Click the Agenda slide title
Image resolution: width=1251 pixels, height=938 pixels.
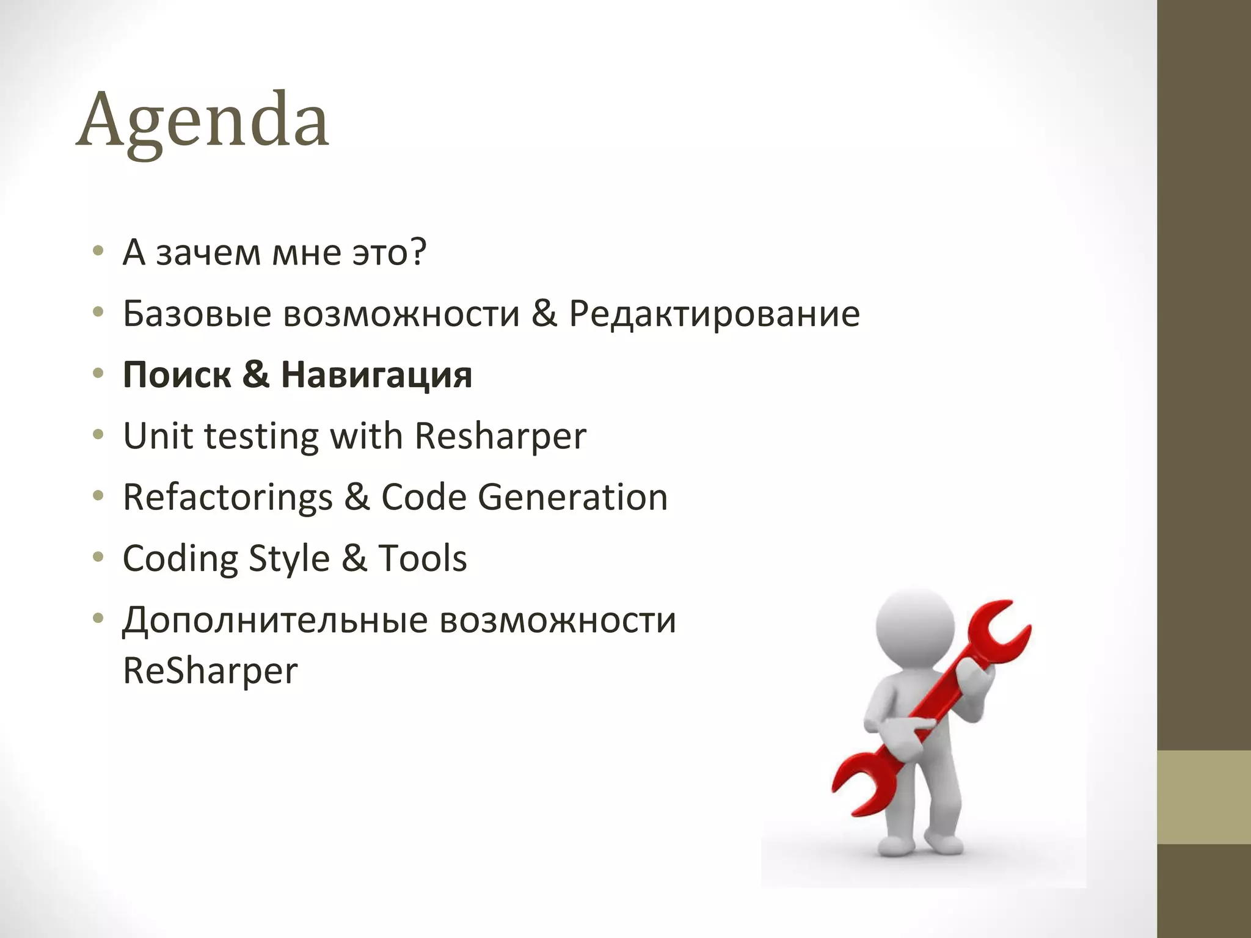[202, 120]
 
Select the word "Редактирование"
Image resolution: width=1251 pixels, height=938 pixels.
[714, 314]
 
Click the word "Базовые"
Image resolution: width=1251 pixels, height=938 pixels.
[197, 314]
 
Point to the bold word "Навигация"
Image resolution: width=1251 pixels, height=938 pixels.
[376, 375]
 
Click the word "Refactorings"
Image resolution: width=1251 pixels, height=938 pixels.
[227, 498]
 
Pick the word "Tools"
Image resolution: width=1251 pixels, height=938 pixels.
[422, 558]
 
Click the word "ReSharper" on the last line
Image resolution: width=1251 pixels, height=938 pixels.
[210, 671]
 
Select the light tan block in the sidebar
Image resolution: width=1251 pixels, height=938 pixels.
[1203, 797]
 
